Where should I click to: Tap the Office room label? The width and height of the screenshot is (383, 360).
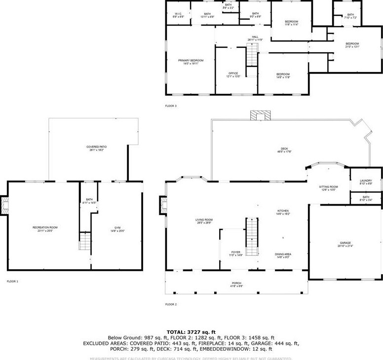point(233,74)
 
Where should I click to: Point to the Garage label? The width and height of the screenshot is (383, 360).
point(345,244)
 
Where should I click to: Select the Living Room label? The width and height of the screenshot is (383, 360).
point(203,221)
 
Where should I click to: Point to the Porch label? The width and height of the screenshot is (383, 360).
point(237,285)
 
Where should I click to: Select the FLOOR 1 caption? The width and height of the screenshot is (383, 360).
point(12,281)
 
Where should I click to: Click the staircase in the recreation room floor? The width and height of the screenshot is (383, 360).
point(85,242)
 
